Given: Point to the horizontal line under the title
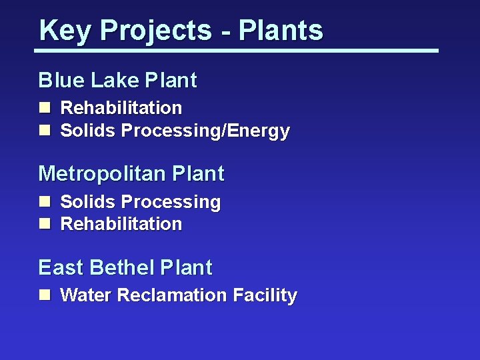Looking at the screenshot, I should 237,50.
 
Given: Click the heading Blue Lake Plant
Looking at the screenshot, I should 117,81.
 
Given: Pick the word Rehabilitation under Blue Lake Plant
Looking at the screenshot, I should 121,108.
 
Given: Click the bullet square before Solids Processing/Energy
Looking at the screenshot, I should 44,131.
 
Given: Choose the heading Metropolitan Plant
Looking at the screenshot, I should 131,174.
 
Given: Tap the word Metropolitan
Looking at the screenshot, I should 102,174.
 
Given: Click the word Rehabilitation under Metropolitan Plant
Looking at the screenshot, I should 121,224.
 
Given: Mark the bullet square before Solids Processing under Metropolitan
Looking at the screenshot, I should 44,201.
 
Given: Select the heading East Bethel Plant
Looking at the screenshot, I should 125,268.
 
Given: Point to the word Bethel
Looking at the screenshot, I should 123,268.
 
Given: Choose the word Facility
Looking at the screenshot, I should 265,295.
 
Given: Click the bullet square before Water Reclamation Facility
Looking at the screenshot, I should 44,295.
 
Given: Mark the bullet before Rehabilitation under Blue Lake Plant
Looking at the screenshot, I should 44,108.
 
